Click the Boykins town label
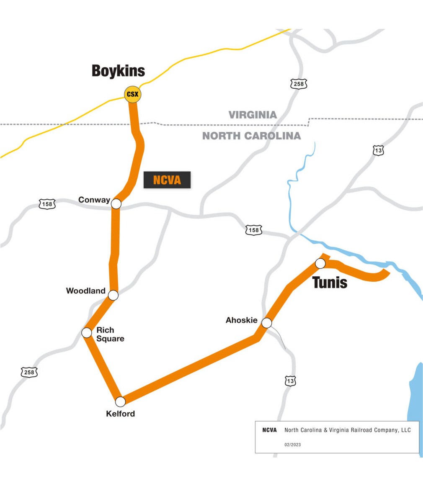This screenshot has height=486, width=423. point(118,71)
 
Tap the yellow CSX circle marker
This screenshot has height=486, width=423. point(133,94)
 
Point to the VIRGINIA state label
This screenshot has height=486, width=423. point(253,115)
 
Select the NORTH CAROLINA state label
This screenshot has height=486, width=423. point(251,136)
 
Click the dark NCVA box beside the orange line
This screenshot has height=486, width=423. point(167,180)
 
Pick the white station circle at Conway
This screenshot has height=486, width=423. point(116,204)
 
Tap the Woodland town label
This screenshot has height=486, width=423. point(86,291)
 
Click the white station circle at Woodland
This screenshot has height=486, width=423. point(113,295)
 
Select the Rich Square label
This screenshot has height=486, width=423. point(110,334)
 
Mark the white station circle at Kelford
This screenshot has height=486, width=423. point(120,402)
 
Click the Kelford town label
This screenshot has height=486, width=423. point(121,414)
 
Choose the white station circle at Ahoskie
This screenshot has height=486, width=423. point(267,323)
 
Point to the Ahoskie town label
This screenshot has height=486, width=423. point(242,320)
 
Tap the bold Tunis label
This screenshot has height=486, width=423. point(330,283)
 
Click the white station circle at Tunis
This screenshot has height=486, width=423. point(320,263)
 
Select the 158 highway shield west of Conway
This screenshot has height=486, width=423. point(47,204)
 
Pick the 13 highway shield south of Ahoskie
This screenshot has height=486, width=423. point(290,381)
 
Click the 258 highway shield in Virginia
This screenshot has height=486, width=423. point(299,84)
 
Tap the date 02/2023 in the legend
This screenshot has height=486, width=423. point(292,445)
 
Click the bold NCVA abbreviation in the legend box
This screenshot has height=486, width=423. point(269,430)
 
